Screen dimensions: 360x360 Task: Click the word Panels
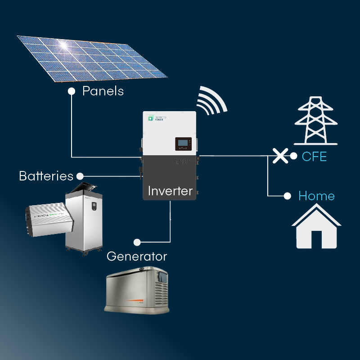[103, 91]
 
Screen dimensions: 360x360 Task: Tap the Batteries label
[46, 175]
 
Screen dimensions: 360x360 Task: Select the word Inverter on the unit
[170, 191]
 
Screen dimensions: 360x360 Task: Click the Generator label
[137, 256]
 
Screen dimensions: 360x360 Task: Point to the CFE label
[315, 157]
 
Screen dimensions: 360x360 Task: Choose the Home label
[316, 196]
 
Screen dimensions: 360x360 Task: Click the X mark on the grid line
[280, 156]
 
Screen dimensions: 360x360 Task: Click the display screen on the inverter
[183, 144]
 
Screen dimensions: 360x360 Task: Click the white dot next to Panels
[71, 91]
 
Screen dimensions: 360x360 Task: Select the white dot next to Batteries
[80, 175]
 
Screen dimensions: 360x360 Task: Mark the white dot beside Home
[287, 196]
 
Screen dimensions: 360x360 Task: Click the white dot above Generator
[138, 242]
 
